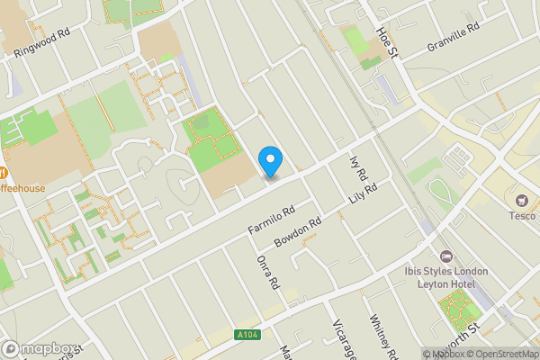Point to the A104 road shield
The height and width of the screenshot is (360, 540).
pyautogui.click(x=248, y=335)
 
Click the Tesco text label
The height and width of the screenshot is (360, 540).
pyautogui.click(x=522, y=215)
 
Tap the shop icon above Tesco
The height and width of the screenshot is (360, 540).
pyautogui.click(x=522, y=197)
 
